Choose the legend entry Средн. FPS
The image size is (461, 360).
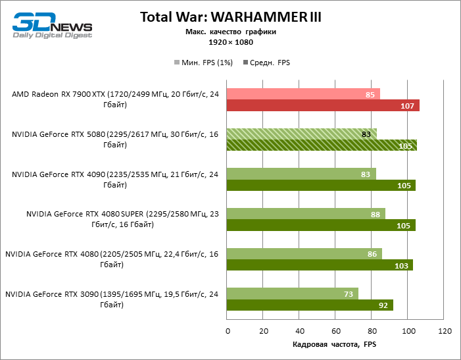tap(267, 63)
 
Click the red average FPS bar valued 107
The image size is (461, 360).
tap(322, 106)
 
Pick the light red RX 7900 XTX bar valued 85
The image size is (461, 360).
tap(303, 94)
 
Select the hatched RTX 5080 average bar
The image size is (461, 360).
tap(321, 145)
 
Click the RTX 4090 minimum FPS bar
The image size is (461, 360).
tap(301, 174)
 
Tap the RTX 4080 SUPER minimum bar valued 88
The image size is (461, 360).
tap(305, 213)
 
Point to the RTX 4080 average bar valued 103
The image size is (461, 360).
tap(319, 265)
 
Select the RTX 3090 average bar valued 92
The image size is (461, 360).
tap(309, 305)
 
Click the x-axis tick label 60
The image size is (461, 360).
tap(335, 331)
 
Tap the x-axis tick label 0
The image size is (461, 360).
tap(227, 331)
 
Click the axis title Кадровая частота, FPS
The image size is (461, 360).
tap(335, 345)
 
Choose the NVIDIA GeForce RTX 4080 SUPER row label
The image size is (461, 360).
tap(122, 219)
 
